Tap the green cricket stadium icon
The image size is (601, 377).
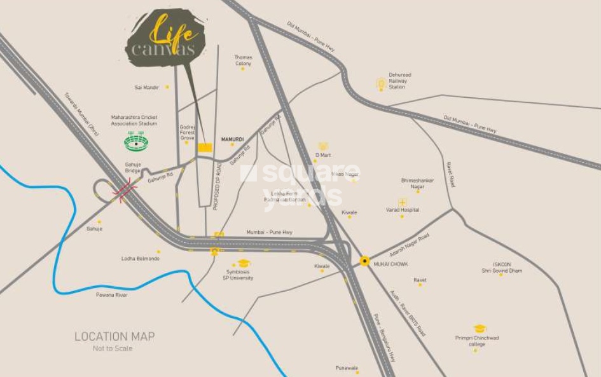(x=136, y=142)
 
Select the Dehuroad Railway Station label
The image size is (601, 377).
(x=400, y=81)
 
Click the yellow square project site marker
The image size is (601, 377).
(x=205, y=147)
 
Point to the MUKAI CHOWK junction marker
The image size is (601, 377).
(x=364, y=261)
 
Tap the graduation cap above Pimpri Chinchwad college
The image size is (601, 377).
(x=480, y=329)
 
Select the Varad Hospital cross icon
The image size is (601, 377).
(x=402, y=202)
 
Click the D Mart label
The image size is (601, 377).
(x=323, y=155)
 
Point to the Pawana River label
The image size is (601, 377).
(x=112, y=295)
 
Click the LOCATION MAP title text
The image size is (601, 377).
(x=114, y=336)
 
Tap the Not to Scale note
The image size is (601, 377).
(x=113, y=348)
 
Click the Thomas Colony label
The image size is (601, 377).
(x=243, y=60)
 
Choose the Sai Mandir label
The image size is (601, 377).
(x=146, y=87)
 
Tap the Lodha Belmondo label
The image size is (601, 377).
(x=140, y=259)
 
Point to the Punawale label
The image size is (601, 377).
(x=347, y=367)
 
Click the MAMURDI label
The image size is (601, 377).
(x=232, y=139)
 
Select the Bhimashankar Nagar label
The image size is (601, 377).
(x=417, y=183)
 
